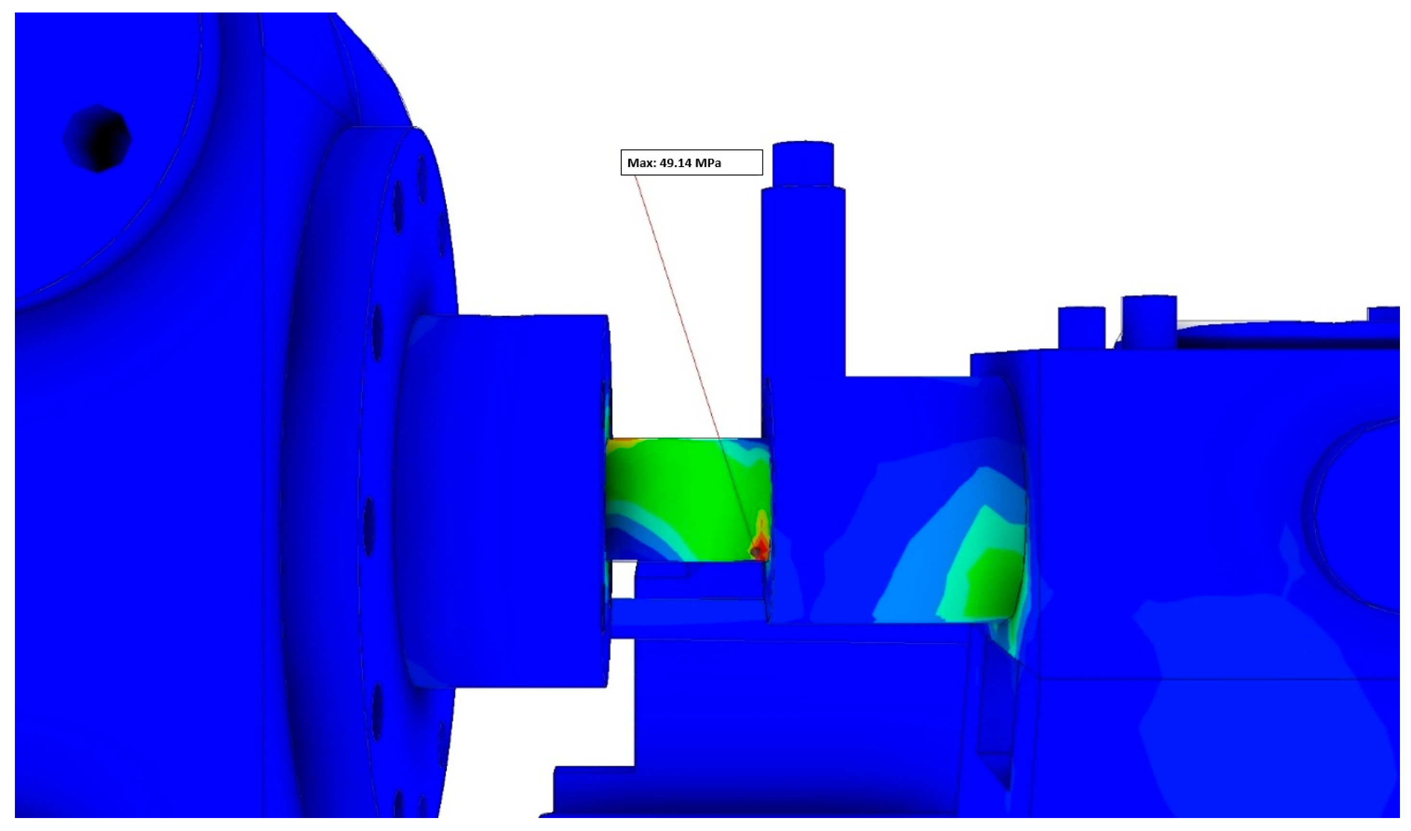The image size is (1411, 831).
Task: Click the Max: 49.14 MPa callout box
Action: pos(691,162)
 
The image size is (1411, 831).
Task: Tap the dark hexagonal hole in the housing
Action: pos(98,138)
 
